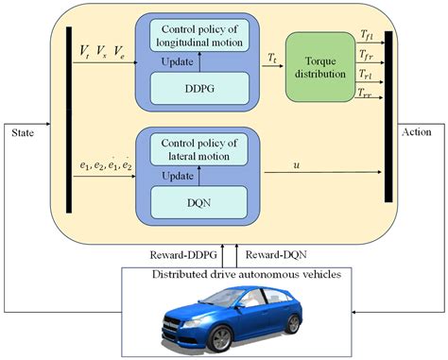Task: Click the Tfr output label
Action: [365, 54]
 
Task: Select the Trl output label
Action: [365, 73]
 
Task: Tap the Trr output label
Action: [365, 93]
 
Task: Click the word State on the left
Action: [23, 132]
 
